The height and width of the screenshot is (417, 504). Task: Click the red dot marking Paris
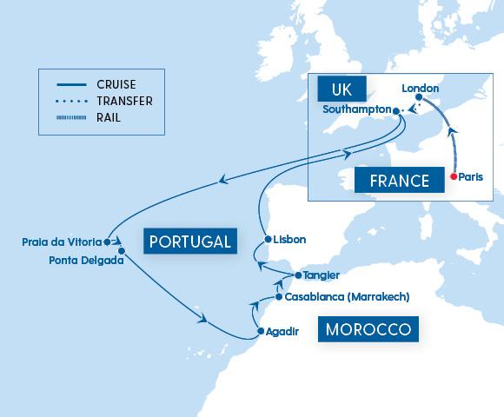453,176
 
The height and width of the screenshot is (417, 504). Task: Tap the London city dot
419,96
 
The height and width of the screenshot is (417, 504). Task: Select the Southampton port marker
396,111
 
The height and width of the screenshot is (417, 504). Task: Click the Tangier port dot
298,275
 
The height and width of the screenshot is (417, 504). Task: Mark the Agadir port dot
260,332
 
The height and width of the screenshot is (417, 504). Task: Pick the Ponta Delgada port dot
122,251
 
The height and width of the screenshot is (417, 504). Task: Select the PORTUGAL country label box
191,241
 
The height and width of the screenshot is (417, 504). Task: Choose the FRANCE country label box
393,181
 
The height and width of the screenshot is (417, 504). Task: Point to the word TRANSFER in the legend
125,101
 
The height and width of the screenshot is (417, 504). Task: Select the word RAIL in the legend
109,116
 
